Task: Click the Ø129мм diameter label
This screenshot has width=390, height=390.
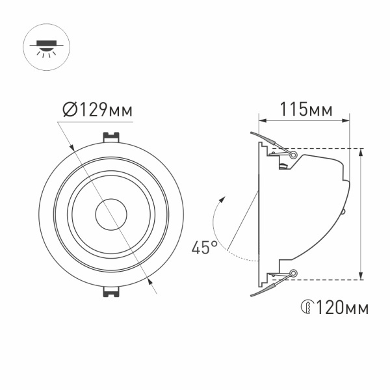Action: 97,110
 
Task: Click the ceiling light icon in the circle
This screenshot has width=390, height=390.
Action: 46,46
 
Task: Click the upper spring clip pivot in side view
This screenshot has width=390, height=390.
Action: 294,155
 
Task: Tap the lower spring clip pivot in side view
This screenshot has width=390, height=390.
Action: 294,273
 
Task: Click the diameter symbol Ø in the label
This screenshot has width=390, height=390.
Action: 71,110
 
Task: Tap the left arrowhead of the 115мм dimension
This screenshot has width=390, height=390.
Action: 262,120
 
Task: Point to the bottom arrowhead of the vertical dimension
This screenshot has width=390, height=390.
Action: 361,276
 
